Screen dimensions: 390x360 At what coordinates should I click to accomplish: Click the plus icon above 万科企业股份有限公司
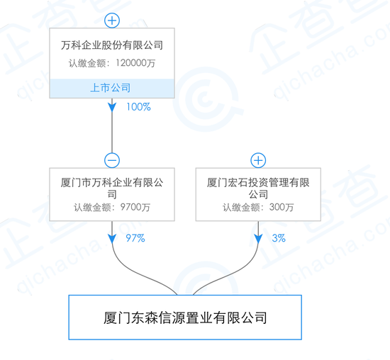click(x=112, y=21)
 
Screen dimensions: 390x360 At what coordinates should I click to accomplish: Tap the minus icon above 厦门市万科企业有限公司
click(x=112, y=160)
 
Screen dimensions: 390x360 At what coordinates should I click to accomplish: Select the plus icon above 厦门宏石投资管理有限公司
click(x=258, y=160)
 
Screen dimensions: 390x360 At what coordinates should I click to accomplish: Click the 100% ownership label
click(x=138, y=107)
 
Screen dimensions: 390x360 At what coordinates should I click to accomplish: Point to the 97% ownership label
click(x=135, y=238)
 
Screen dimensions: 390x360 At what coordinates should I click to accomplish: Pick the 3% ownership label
click(x=279, y=238)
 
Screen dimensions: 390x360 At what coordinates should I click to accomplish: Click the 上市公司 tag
click(x=111, y=88)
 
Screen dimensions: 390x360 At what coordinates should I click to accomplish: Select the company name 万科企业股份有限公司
click(x=112, y=45)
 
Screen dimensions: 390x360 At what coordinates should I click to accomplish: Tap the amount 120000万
click(x=135, y=63)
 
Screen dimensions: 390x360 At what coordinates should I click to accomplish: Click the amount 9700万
click(x=135, y=207)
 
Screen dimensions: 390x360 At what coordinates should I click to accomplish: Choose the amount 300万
click(x=282, y=207)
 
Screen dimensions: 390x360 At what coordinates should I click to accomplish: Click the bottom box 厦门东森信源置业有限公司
click(x=185, y=317)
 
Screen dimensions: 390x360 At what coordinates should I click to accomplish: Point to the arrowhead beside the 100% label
click(x=112, y=107)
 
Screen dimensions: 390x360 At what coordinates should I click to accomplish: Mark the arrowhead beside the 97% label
click(x=112, y=239)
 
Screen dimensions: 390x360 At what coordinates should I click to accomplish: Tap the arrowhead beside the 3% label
click(x=258, y=239)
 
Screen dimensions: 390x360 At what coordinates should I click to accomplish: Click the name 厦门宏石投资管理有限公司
click(x=258, y=189)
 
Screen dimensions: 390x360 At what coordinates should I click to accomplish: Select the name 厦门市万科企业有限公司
click(x=112, y=189)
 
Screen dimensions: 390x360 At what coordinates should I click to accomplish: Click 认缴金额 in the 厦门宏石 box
click(x=241, y=208)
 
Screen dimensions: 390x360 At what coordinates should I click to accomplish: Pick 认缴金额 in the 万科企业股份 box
click(x=87, y=63)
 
